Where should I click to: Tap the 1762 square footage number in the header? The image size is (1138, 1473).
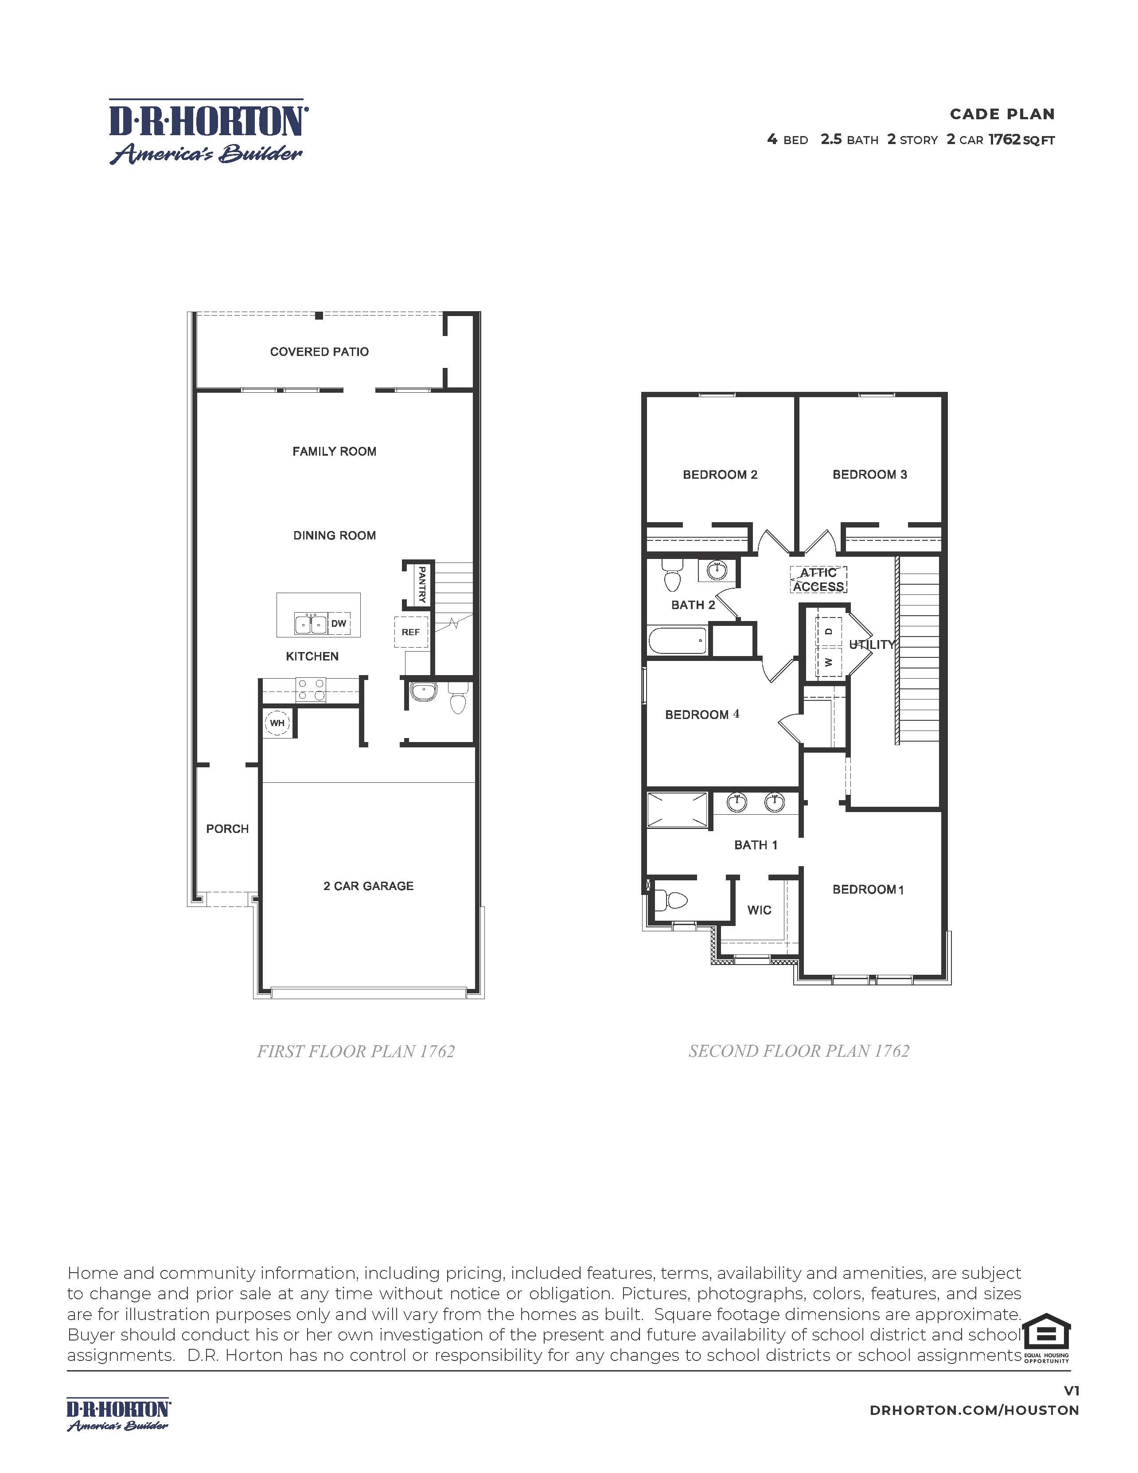click(x=1005, y=140)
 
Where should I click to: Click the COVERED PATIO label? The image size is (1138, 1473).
click(x=319, y=352)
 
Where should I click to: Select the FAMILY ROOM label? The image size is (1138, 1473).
click(x=335, y=451)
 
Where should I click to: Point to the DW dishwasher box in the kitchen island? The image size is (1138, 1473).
click(x=339, y=623)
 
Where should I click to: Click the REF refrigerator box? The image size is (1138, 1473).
click(x=410, y=632)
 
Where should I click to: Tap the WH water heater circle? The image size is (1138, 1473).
click(x=277, y=723)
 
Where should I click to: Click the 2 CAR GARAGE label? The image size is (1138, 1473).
click(x=368, y=886)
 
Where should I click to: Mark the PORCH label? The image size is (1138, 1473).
click(x=227, y=828)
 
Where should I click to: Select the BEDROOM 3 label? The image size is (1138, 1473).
click(x=870, y=474)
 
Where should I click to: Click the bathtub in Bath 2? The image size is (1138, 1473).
click(x=678, y=640)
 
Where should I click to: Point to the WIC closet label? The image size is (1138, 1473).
click(x=759, y=910)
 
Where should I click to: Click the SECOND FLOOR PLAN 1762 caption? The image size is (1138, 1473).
click(x=799, y=1051)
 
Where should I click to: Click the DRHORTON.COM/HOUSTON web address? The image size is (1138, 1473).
click(x=974, y=1410)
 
